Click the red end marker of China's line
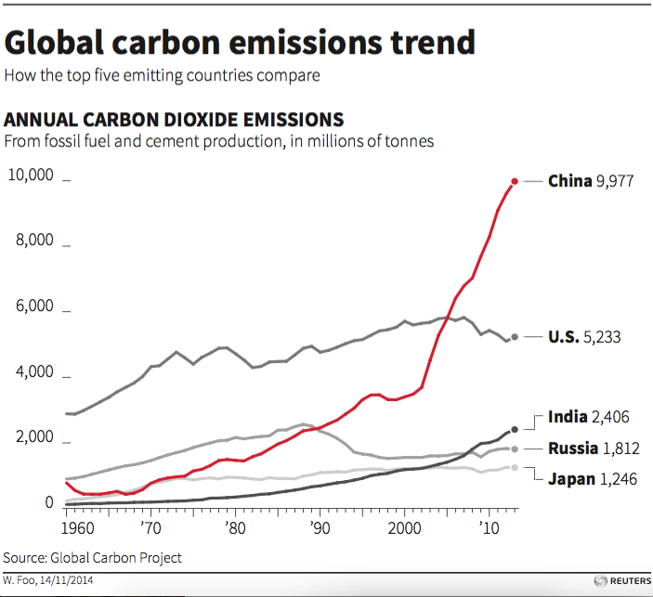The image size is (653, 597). point(515,181)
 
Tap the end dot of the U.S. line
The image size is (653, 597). point(515,337)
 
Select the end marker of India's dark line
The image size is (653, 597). point(515,430)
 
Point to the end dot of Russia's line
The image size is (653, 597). point(515,448)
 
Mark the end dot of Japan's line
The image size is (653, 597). point(515,467)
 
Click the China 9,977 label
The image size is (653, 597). point(590,181)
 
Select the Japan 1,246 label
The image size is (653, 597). point(592,480)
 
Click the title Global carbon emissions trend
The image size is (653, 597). point(241,43)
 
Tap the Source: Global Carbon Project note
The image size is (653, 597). point(92,557)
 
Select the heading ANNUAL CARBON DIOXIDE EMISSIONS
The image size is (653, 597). point(175,120)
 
